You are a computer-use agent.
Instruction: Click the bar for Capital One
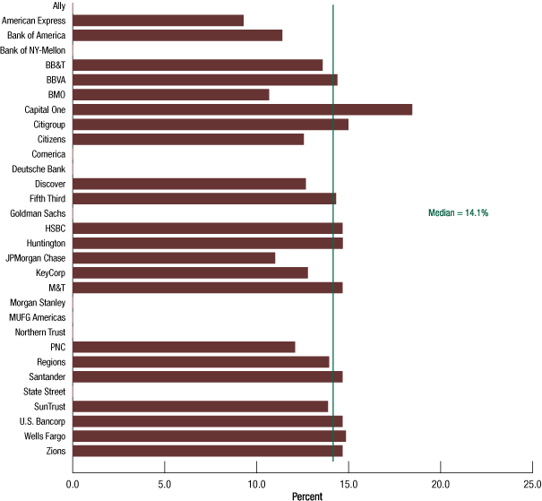pyautogui.click(x=242, y=109)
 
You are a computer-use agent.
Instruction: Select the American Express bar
pyautogui.click(x=158, y=20)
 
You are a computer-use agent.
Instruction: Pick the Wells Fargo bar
pyautogui.click(x=209, y=436)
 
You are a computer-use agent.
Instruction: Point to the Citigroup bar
pyautogui.click(x=211, y=124)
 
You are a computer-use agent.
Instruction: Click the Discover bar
pyautogui.click(x=189, y=184)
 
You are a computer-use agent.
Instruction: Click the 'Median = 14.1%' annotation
pyautogui.click(x=458, y=212)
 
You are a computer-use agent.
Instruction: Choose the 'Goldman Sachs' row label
pyautogui.click(x=38, y=213)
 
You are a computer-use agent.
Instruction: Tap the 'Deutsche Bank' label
pyautogui.click(x=39, y=168)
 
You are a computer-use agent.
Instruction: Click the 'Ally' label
pyautogui.click(x=59, y=5)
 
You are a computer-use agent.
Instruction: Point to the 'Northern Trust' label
pyautogui.click(x=39, y=333)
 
